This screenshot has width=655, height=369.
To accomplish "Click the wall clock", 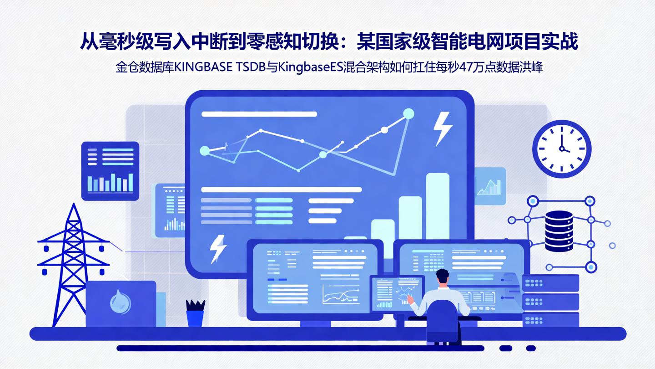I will coord(562,149).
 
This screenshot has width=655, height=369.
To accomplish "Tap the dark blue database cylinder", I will coord(559,231).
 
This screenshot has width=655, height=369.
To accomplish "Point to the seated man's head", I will coord(442,277).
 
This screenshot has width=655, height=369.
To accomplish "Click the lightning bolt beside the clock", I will coord(442,128).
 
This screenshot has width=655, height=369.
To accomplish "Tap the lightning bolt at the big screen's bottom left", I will coord(218,249).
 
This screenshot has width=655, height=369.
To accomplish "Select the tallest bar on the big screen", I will coord(438,205).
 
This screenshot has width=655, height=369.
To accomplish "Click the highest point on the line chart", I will coord(408,114).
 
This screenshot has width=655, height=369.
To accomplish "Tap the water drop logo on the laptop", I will coord(121,302).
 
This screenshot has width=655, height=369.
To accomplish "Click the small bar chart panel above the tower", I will coord(110,171).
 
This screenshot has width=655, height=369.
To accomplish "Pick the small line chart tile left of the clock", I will coord(490,186).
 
